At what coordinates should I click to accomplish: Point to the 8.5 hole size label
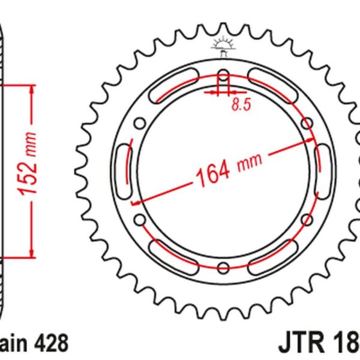[240, 106]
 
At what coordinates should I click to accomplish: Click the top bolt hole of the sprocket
[223, 77]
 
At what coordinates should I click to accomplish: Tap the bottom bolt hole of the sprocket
[223, 268]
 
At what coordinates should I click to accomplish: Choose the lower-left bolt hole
[140, 220]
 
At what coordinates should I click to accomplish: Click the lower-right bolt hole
[307, 220]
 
